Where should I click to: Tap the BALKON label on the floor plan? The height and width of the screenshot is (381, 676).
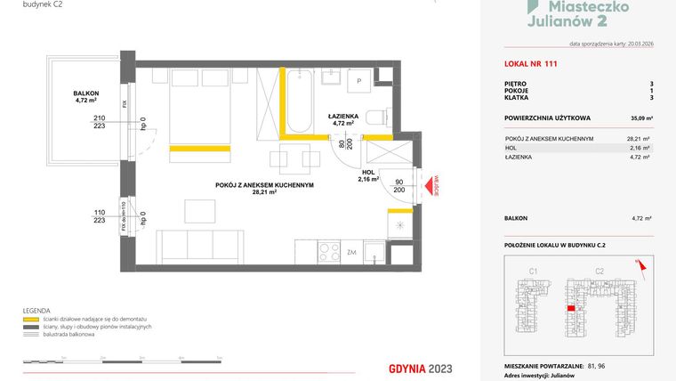[86, 93]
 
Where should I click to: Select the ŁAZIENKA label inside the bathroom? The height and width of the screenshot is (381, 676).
[342, 115]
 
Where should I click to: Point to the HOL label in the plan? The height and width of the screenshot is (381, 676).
[368, 172]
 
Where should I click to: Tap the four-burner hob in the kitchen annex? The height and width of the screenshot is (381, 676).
[329, 251]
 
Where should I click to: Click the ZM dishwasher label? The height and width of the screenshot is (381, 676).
[353, 252]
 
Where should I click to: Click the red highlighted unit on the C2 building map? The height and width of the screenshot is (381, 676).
[569, 309]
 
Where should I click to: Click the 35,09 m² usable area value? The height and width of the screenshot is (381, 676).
[640, 117]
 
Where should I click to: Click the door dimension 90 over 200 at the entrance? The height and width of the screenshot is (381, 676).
[398, 186]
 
